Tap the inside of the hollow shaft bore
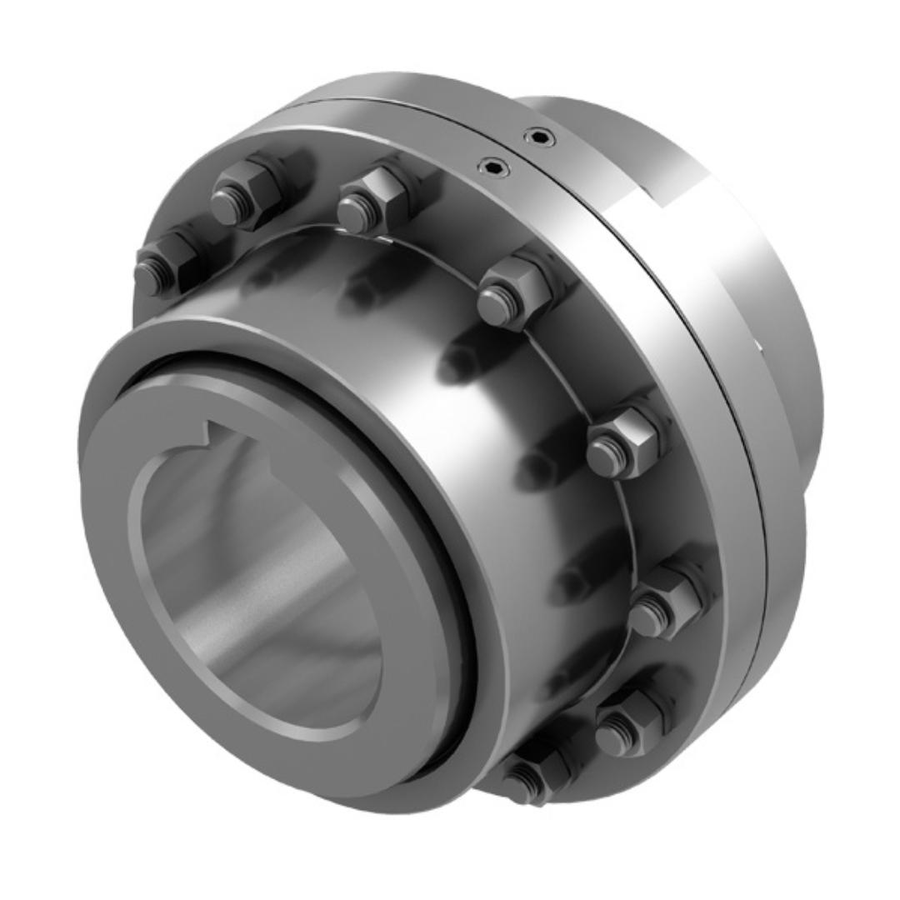pyautogui.click(x=250, y=583)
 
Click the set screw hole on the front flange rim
pyautogui.click(x=495, y=168)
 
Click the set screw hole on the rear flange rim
pyautogui.click(x=540, y=137)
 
